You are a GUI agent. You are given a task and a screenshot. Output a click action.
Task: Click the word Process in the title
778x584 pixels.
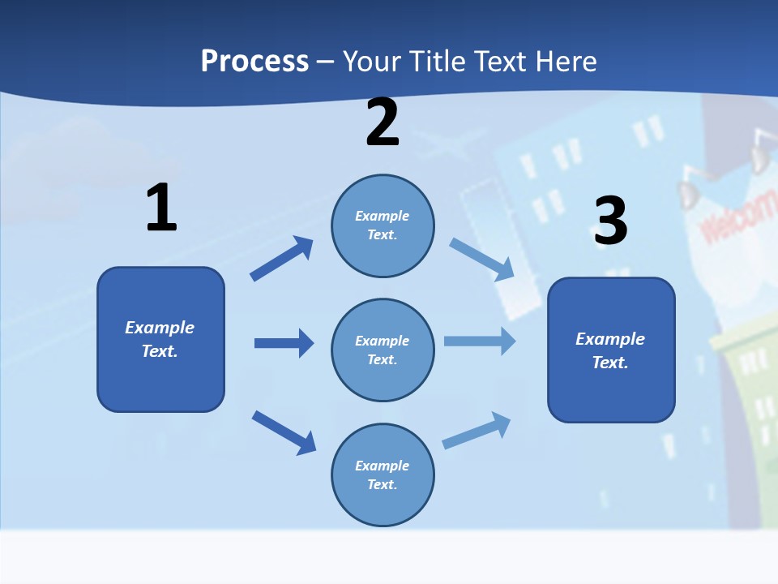tap(254, 61)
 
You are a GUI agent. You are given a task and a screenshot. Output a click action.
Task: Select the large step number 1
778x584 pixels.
tap(161, 208)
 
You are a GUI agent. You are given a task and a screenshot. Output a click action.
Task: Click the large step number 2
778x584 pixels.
tap(383, 123)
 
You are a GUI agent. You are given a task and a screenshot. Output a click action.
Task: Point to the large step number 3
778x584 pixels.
tap(610, 221)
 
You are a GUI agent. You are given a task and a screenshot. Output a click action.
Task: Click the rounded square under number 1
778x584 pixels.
tap(160, 339)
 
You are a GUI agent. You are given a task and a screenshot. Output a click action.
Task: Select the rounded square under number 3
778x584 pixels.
tap(611, 350)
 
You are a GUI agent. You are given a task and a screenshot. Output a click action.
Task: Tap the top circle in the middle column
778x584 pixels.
tap(383, 225)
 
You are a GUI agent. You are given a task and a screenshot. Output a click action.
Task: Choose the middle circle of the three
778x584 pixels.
tap(383, 350)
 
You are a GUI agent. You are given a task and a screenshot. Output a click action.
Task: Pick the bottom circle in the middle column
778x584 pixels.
tap(383, 474)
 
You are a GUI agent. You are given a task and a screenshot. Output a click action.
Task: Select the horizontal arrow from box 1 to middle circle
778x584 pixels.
tap(284, 343)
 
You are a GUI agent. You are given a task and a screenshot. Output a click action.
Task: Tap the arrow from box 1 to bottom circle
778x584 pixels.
tap(284, 432)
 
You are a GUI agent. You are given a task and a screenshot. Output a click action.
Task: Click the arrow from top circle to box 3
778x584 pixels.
tap(482, 260)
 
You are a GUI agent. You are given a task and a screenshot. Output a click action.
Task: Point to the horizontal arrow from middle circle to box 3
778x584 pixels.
tap(479, 341)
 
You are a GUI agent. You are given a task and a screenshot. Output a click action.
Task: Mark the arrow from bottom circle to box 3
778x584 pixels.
tap(477, 430)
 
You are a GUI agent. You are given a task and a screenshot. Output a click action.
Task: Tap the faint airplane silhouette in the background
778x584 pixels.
tap(442, 149)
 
